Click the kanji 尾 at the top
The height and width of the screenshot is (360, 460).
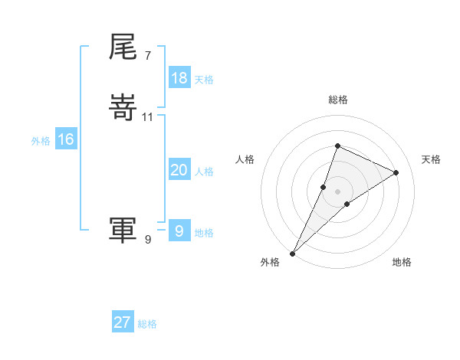pyautogui.click(x=123, y=47)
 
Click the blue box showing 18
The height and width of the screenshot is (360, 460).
pyautogui.click(x=179, y=78)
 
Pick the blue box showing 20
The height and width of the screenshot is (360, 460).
pyautogui.click(x=179, y=171)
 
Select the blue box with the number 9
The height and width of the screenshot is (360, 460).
pyautogui.click(x=179, y=230)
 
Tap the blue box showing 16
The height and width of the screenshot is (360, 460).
pyautogui.click(x=66, y=139)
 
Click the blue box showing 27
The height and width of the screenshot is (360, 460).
pyautogui.click(x=123, y=322)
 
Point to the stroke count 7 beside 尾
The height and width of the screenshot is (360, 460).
pyautogui.click(x=147, y=56)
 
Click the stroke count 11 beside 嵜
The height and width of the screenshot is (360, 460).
pyautogui.click(x=148, y=117)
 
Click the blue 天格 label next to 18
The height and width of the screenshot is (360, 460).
pyautogui.click(x=204, y=80)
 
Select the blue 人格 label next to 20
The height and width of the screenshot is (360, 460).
pyautogui.click(x=204, y=172)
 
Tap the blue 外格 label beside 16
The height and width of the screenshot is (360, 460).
pyautogui.click(x=41, y=141)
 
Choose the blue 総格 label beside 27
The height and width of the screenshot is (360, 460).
pyautogui.click(x=147, y=324)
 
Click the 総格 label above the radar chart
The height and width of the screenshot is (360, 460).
pyautogui.click(x=338, y=100)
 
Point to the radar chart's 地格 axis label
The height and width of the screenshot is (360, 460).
pyautogui.click(x=402, y=263)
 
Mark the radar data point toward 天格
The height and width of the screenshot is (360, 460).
pyautogui.click(x=396, y=172)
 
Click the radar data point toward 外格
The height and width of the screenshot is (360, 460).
pyautogui.click(x=292, y=253)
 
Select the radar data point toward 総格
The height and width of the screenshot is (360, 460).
pyautogui.click(x=337, y=146)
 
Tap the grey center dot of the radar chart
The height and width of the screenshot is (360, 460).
pyautogui.click(x=338, y=191)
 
